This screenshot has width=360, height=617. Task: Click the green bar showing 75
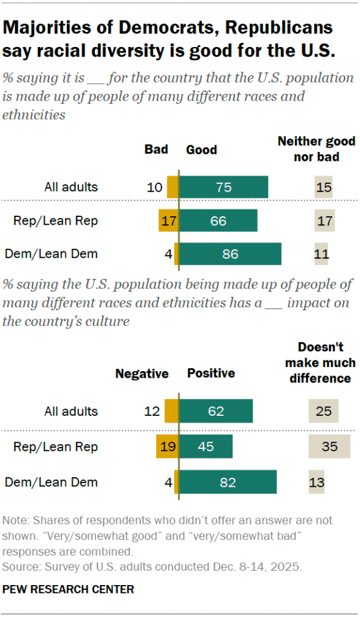point(224,187)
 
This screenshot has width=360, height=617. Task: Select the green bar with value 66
point(218,221)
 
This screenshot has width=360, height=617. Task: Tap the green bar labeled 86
point(230,254)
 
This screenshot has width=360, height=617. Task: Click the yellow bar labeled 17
point(168,221)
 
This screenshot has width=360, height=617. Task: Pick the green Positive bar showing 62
point(216,412)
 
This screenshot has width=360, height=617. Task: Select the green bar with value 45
point(206,447)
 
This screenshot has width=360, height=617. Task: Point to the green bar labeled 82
point(228,482)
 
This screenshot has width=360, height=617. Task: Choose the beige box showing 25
point(324,412)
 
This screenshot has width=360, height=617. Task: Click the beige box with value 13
point(317,482)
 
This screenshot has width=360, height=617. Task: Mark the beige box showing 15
point(324,187)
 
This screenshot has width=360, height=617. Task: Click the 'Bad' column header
point(156,149)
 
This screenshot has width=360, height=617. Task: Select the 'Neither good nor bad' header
point(316,149)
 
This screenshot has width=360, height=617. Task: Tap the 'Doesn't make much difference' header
point(320,363)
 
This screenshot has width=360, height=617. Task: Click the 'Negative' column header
point(142,374)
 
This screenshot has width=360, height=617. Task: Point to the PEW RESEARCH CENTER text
point(68,589)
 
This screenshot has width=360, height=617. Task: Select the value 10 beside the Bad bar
point(155,187)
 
